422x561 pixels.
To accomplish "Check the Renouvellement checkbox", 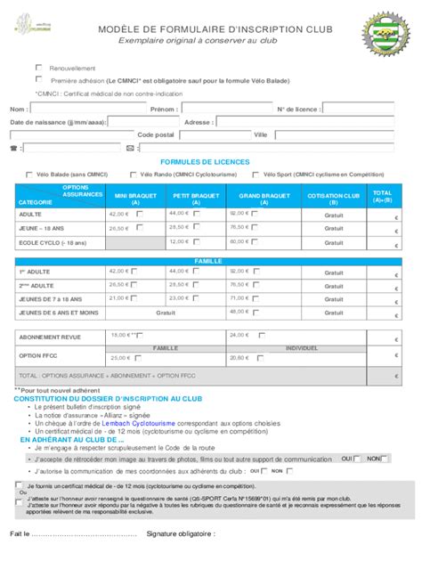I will click(38, 68).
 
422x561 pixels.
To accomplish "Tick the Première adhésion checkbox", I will click(38, 79).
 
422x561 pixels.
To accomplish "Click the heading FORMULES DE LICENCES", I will click(212, 162).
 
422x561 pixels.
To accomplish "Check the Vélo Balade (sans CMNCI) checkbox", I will click(29, 175).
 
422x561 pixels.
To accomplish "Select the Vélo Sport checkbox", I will click(255, 175).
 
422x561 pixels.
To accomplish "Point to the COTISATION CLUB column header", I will click(333, 199).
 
